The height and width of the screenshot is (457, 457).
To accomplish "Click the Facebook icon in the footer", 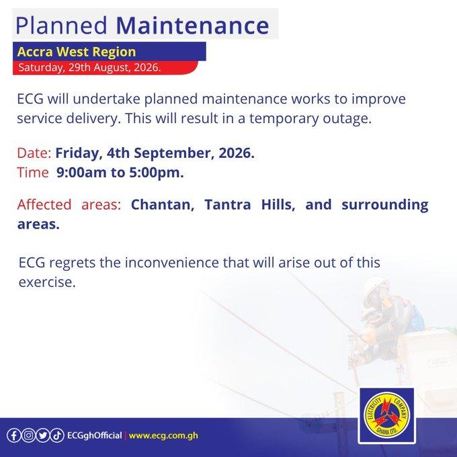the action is point(13,435).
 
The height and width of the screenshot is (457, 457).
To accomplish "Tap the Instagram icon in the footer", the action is point(28,435).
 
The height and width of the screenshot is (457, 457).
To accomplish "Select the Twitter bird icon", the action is point(42,435).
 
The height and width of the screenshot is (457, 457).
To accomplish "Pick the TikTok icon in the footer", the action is point(57,435).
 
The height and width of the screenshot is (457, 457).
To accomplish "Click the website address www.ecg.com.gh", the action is point(163,435).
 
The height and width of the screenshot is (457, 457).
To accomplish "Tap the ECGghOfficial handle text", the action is point(95,435).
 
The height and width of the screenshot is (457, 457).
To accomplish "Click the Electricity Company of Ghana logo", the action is point(386,415).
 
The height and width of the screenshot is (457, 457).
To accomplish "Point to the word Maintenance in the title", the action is point(192,26).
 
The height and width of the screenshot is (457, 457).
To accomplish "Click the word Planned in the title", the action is point(61,26).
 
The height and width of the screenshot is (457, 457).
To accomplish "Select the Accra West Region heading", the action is point(77,52).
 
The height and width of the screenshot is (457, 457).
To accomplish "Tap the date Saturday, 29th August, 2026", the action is point(89,68).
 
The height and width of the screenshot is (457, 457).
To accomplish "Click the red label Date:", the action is point(34,153).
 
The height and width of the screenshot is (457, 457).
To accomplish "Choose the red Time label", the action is point(33,173).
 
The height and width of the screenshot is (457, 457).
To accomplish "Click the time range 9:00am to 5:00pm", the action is point(120,173).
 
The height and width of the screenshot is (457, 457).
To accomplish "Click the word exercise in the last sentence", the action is point(47,282).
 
